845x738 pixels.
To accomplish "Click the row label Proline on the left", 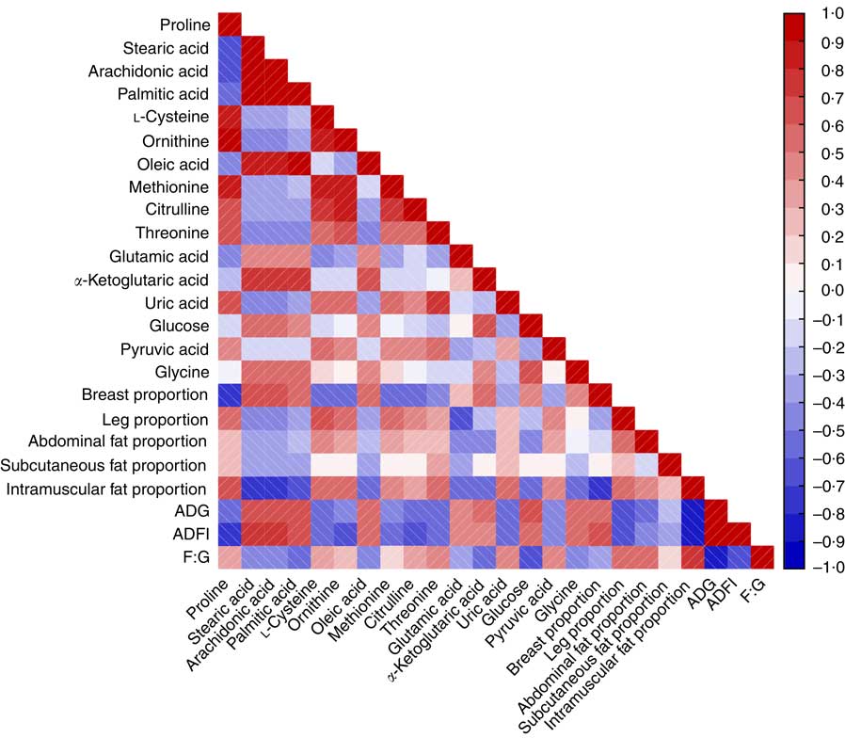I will pos(184,24).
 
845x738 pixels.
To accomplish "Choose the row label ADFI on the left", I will pos(191,534).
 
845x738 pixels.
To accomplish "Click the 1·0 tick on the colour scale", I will pos(806,14).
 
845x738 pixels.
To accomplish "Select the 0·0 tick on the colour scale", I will pos(806,291).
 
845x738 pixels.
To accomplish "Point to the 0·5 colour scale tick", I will pos(806,152).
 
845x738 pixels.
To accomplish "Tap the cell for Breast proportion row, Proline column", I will pos(230,393).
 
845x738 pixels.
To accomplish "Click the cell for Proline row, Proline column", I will pos(230,24).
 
